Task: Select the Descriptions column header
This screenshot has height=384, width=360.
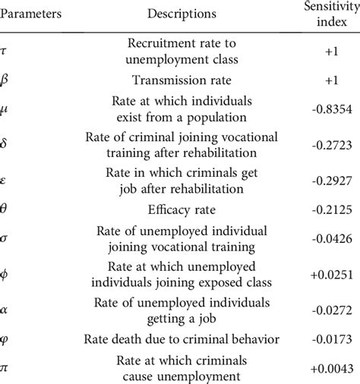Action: tap(182, 14)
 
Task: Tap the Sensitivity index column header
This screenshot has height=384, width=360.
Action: tap(321, 13)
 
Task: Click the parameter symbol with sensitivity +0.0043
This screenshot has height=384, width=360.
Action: tap(8, 368)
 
